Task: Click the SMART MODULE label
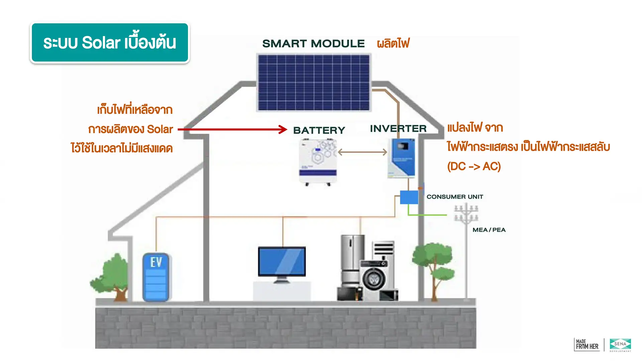click(x=313, y=43)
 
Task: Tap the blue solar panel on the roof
click(x=314, y=82)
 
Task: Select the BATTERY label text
click(x=319, y=130)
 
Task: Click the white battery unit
click(x=318, y=161)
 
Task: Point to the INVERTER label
click(x=398, y=128)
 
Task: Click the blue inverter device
click(x=403, y=158)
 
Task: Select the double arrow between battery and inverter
click(x=362, y=152)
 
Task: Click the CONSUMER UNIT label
click(x=455, y=197)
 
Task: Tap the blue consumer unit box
click(x=409, y=197)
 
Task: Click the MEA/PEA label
click(x=489, y=230)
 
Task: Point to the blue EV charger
click(x=156, y=277)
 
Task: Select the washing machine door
click(x=374, y=278)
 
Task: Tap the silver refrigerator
click(x=352, y=261)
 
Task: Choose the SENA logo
click(x=620, y=344)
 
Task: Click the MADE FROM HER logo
click(x=587, y=345)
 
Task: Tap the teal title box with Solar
click(x=110, y=43)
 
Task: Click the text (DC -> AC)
click(x=474, y=166)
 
